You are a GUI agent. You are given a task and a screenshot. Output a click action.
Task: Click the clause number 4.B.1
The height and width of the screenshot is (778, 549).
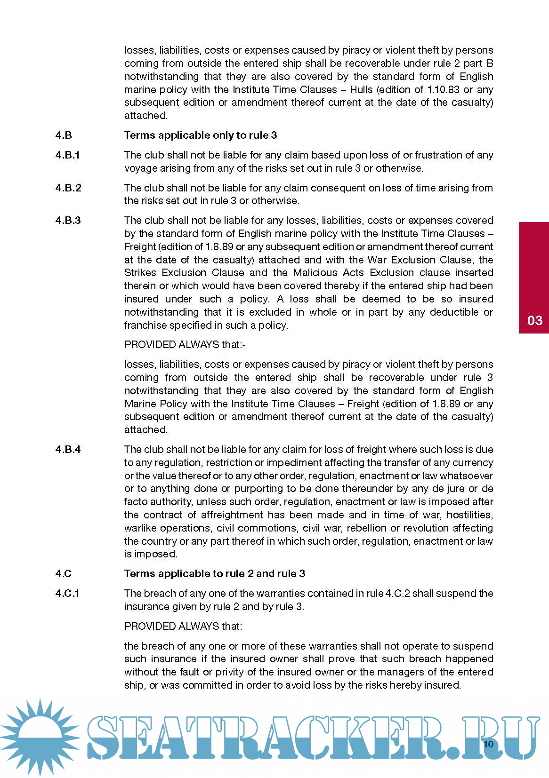pyautogui.click(x=67, y=155)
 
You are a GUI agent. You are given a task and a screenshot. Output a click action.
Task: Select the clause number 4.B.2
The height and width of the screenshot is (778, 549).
pyautogui.click(x=68, y=188)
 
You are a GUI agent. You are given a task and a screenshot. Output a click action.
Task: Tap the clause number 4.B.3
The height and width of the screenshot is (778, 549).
pyautogui.click(x=68, y=221)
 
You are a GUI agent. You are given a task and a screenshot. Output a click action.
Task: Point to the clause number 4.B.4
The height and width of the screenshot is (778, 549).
pyautogui.click(x=68, y=450)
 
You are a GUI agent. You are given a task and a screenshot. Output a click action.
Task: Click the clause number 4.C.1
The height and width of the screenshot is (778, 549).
pyautogui.click(x=67, y=594)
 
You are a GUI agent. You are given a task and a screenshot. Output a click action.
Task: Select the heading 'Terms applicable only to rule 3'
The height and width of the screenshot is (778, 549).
pyautogui.click(x=201, y=135)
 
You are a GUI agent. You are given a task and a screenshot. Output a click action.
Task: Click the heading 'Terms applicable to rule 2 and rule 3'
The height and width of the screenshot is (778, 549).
pyautogui.click(x=215, y=574)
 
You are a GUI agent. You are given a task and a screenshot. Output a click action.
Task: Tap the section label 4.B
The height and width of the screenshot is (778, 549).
pyautogui.click(x=64, y=135)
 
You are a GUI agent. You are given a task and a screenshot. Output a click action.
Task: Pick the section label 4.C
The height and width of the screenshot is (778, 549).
pyautogui.click(x=64, y=574)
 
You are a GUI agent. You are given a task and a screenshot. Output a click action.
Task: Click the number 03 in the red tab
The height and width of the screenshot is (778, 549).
pyautogui.click(x=535, y=321)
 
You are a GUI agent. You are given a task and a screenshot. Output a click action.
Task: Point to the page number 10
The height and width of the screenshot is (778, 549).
pyautogui.click(x=488, y=744)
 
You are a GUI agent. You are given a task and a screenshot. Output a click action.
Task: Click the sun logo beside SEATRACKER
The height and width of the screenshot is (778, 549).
pyautogui.click(x=40, y=738)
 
